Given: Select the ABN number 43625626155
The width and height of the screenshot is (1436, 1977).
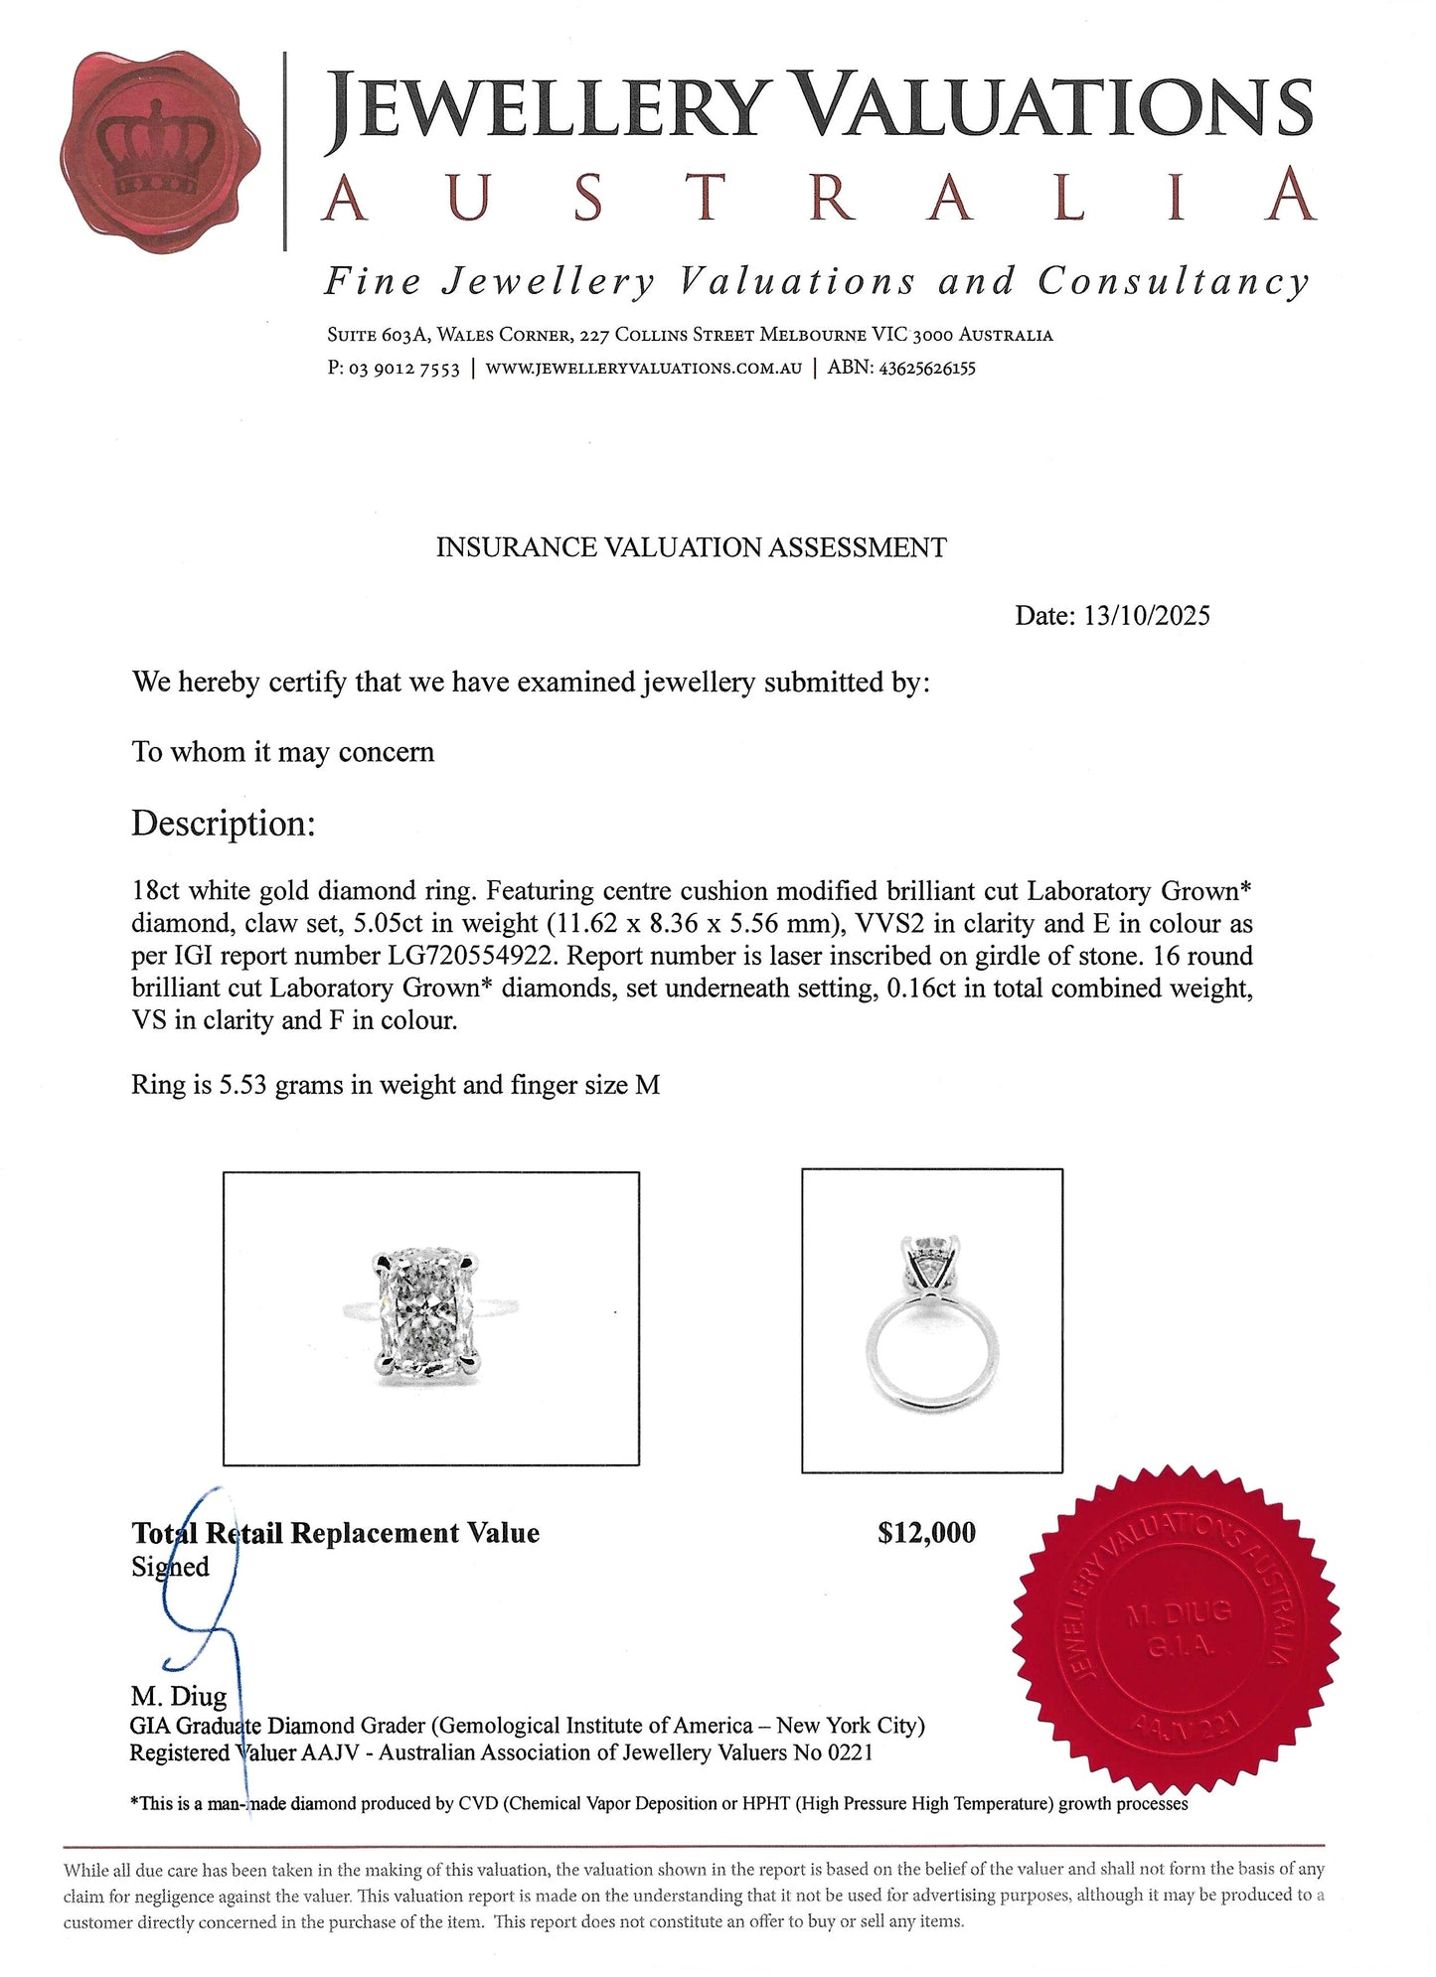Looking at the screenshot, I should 926,369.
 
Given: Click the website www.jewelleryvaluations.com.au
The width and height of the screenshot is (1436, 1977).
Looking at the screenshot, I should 643,369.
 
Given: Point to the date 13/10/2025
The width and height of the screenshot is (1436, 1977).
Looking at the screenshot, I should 1147,616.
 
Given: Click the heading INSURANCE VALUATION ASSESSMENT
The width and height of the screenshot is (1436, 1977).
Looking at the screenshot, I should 691,547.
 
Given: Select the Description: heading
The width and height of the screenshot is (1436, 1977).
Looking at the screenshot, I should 223,824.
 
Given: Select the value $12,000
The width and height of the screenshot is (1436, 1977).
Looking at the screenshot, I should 926,1533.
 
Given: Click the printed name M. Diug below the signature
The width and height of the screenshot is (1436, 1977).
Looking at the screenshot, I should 179,1696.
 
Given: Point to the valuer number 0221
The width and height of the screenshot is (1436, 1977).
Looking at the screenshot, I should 851,1752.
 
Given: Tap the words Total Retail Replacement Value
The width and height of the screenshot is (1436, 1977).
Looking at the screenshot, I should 336,1533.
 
